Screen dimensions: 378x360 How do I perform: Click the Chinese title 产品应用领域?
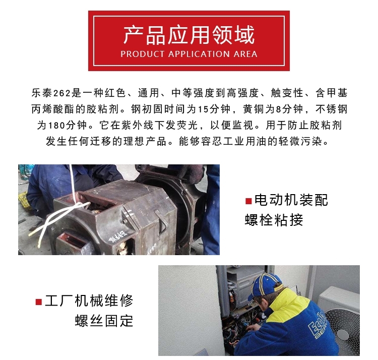(189, 35)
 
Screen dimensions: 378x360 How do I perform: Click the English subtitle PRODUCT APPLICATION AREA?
(189, 54)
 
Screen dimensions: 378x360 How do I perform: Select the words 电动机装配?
(291, 200)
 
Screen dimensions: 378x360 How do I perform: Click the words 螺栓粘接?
(274, 220)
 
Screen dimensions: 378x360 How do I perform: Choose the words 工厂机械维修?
(89, 301)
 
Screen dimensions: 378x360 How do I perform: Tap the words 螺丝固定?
(104, 321)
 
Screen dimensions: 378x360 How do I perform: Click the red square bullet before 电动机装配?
(248, 201)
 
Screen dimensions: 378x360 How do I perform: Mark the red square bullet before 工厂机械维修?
(39, 302)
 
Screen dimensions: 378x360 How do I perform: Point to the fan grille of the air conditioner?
(344, 330)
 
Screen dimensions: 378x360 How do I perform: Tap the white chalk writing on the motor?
(117, 235)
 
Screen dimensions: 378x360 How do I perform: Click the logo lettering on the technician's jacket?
(317, 324)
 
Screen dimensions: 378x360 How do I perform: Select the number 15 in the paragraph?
(203, 109)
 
